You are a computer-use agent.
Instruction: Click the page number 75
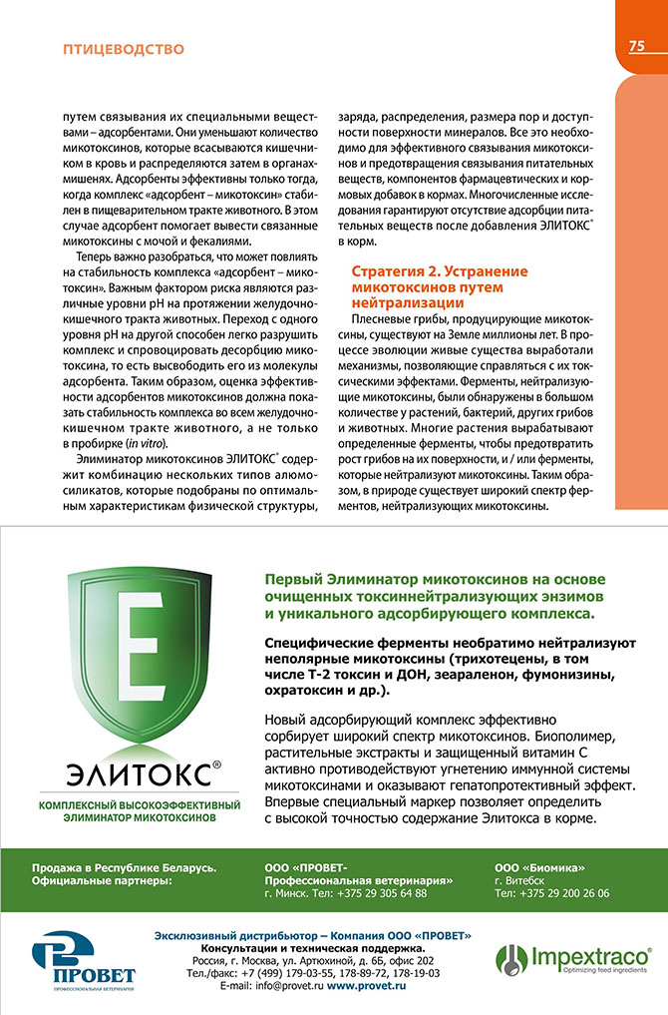tap(637, 46)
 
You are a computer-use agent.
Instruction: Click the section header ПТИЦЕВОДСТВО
tap(123, 48)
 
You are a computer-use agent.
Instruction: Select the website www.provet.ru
tap(367, 985)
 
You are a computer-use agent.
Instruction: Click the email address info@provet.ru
tap(271, 985)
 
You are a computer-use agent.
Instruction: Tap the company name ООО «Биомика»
tap(539, 866)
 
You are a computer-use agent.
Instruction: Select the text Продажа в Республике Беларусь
tap(124, 866)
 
